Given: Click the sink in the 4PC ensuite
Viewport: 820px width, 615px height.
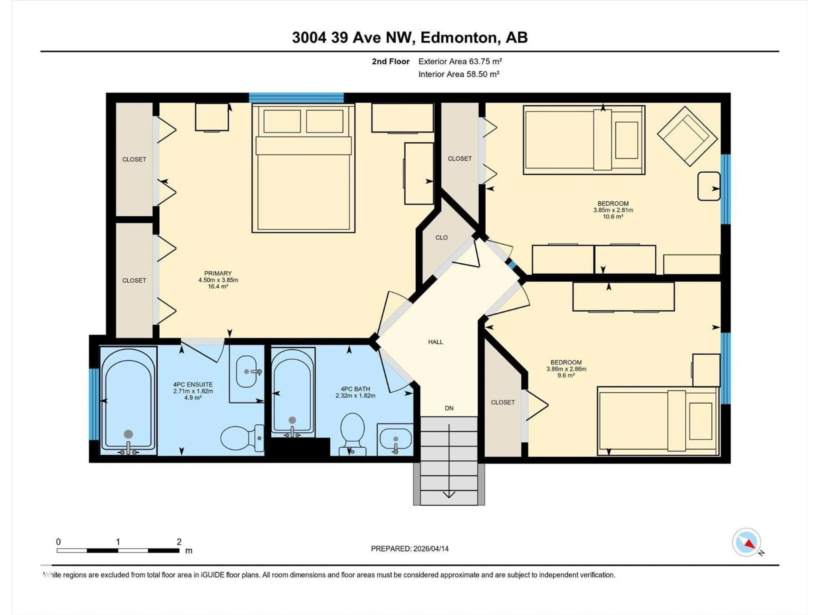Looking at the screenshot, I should [246, 371].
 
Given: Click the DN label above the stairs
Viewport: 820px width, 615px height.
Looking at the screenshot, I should [449, 408].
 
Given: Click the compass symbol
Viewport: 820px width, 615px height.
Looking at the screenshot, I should [746, 543].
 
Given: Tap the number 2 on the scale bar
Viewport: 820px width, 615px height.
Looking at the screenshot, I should [179, 542].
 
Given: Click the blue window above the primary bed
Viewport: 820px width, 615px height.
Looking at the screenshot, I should [296, 98].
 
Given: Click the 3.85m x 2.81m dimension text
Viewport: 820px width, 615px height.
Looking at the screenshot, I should [613, 210].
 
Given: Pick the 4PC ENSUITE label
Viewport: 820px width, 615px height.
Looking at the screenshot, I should [193, 384].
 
